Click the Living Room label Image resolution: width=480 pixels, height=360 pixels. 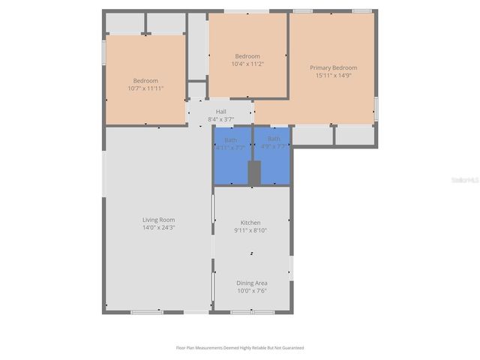click(158, 220)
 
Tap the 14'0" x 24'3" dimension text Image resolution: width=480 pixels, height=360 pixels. click(158, 227)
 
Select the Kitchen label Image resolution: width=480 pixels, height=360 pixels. click(250, 223)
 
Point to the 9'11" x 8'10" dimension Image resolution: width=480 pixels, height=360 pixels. click(250, 230)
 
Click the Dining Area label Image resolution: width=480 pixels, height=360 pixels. click(252, 283)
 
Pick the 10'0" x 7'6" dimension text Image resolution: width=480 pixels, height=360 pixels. click(252, 290)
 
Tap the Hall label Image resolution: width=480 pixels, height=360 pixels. click(221, 112)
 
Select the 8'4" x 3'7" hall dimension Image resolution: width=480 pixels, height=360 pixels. click(221, 119)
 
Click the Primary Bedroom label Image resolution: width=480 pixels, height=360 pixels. click(334, 67)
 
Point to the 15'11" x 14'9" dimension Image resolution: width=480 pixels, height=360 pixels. click(334, 75)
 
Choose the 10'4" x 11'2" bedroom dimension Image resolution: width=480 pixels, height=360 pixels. click(247, 64)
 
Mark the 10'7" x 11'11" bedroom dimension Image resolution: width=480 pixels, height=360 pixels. click(145, 88)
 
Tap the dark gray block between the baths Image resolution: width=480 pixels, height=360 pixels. click(254, 172)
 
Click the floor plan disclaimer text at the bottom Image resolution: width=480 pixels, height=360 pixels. click(240, 348)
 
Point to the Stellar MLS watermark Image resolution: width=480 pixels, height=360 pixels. click(463, 181)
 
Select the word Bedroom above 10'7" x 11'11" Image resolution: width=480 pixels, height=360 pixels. click(145, 80)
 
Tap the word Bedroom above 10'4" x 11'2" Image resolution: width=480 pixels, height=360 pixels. click(247, 56)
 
